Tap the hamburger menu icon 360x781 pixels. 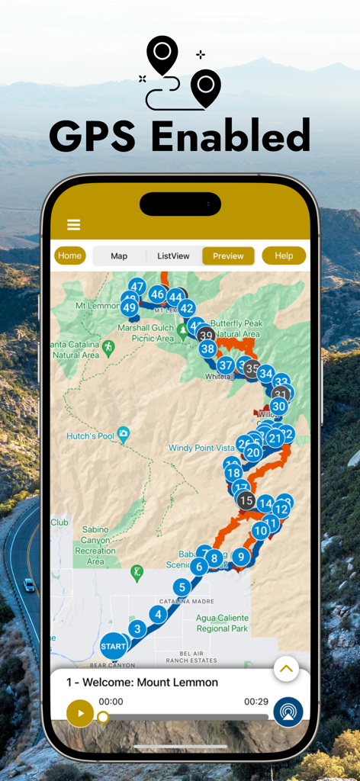(73, 224)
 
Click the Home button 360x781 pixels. (69, 256)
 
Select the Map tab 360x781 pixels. (119, 256)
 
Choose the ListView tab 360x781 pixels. (173, 256)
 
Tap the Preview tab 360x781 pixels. (228, 256)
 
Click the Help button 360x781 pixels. (284, 256)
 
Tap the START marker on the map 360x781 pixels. (114, 647)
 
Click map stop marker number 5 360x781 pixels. (181, 587)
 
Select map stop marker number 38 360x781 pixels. (207, 349)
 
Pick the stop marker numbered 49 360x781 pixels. (129, 308)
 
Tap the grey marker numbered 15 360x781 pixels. (246, 500)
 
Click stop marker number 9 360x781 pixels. (240, 557)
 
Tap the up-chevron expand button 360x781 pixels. (285, 669)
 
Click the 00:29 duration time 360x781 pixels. (256, 701)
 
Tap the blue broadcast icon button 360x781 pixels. (288, 712)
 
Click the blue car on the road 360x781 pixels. (29, 585)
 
